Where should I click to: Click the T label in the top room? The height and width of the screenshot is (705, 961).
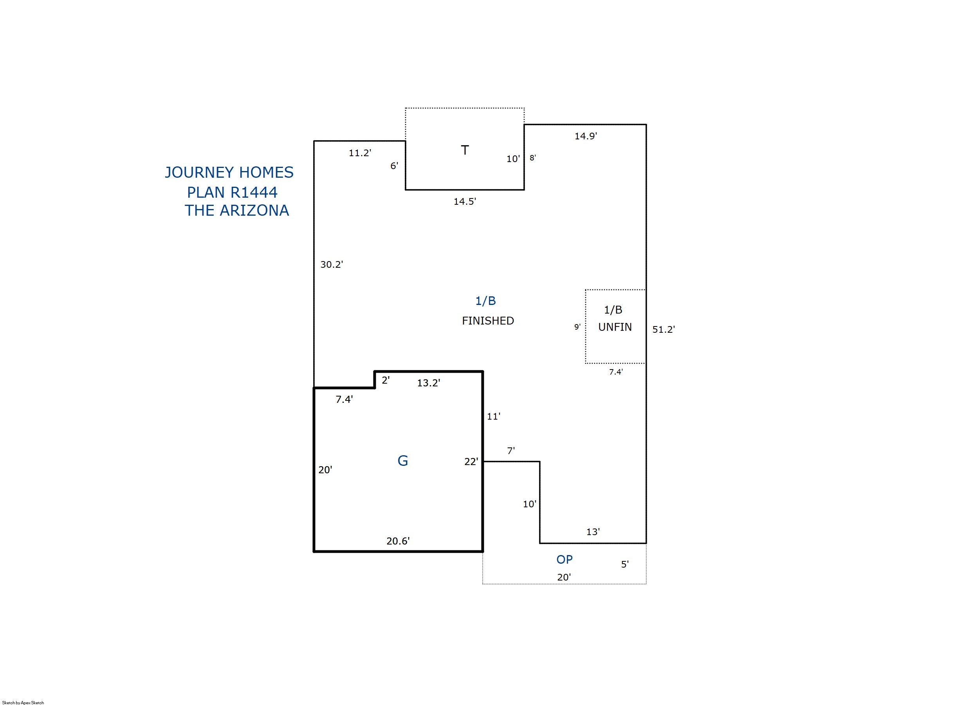[x=465, y=150]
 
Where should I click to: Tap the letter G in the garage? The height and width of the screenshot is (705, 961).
[x=402, y=461]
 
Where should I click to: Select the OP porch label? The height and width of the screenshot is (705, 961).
[x=564, y=559]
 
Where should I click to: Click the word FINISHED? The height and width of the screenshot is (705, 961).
[x=488, y=321]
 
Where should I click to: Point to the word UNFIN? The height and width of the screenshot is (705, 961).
[x=615, y=327]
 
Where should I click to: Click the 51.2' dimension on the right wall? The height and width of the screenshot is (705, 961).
[x=664, y=330]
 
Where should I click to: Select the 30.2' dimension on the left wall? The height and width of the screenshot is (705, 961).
[x=332, y=265]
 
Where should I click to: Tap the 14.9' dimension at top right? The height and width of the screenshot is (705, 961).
[x=586, y=136]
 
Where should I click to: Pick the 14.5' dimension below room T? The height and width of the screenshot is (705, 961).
[x=465, y=202]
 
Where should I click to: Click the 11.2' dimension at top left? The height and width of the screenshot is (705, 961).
[x=360, y=153]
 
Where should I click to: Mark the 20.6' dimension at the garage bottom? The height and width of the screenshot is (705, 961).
[x=398, y=541]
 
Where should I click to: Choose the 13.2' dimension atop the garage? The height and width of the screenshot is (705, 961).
[x=429, y=383]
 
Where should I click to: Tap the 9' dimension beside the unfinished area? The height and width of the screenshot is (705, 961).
[x=577, y=327]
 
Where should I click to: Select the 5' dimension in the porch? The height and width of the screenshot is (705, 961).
[x=625, y=564]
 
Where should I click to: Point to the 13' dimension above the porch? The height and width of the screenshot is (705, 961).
[x=593, y=532]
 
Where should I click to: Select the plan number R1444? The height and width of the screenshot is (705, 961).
[x=254, y=193]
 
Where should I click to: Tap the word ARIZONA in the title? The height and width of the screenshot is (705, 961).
[x=254, y=210]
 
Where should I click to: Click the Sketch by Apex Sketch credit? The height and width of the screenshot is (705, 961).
[x=23, y=702]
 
